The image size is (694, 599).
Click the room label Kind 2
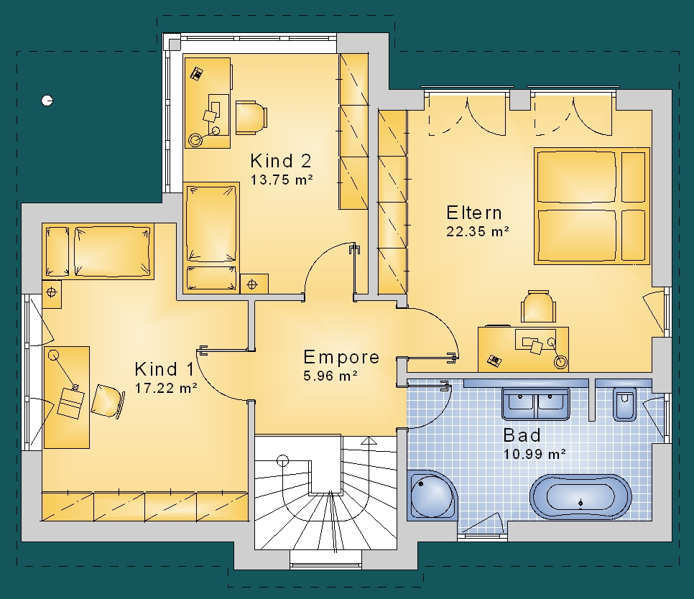[x=281, y=161]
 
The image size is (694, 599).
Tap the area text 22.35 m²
[x=478, y=231]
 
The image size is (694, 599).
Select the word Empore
[x=341, y=357]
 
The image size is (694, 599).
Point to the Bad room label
[x=522, y=435]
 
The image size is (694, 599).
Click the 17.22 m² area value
[x=166, y=388]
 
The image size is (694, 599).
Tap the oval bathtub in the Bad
[x=580, y=497]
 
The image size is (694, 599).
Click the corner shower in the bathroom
[x=432, y=494]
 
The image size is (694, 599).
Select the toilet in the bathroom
[x=624, y=404]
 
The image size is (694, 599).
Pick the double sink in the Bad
[x=535, y=403]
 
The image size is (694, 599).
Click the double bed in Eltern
[x=592, y=206]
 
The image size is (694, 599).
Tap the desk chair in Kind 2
[x=251, y=118]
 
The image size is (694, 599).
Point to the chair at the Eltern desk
[x=538, y=306]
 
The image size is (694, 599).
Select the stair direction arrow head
[x=369, y=440]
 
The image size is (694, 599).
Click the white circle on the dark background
[x=47, y=101]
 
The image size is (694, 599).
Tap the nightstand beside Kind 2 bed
[x=254, y=284]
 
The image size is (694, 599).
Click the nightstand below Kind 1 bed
[x=52, y=293]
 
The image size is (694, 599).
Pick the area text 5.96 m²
[x=330, y=376]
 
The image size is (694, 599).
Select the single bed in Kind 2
[x=211, y=238]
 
